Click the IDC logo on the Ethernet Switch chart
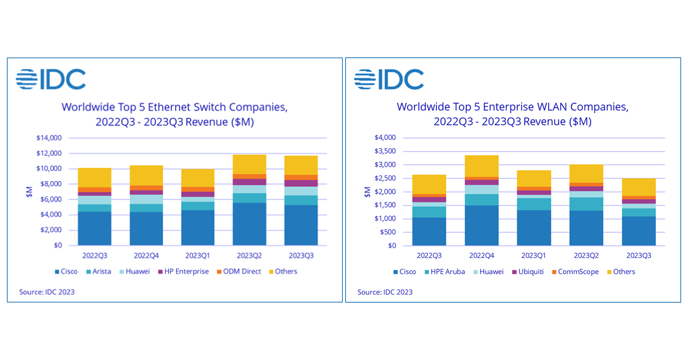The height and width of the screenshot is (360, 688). tap(50, 79)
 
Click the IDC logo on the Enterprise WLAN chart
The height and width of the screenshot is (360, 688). tap(389, 79)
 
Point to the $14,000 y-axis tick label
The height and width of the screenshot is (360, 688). tap(49, 138)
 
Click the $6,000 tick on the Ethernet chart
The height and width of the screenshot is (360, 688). tap(51, 199)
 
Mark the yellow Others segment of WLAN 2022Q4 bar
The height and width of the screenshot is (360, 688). tap(481, 166)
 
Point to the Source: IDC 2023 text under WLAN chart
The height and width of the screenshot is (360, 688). tap(385, 292)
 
